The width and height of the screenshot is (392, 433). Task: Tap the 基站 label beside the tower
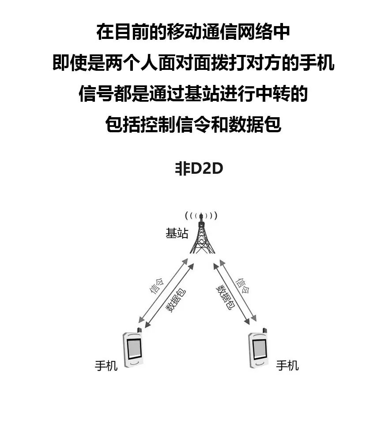(177, 234)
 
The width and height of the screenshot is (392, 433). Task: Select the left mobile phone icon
(133, 349)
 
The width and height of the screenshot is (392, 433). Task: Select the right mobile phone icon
(259, 349)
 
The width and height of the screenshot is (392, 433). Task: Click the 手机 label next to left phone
(106, 366)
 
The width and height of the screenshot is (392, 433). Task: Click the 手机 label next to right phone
(287, 366)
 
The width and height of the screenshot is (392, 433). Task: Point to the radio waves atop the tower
(201, 216)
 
